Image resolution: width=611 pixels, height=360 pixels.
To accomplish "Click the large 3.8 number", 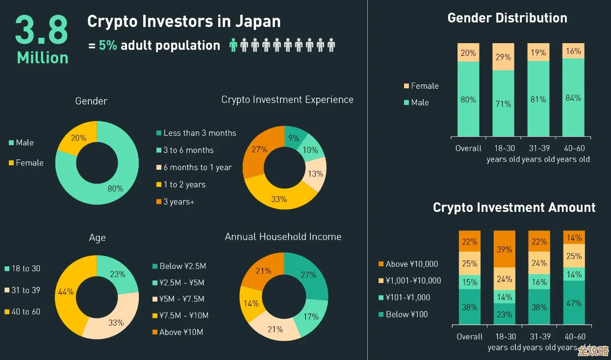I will pos(42,30).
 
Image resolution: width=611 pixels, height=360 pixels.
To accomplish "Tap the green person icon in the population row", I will pos(233,46).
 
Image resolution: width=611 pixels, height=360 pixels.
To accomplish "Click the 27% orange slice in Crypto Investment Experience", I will pos(260,150).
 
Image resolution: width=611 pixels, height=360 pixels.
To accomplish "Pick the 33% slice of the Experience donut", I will pos(279,197).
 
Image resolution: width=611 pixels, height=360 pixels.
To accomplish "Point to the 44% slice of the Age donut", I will pos(66,292).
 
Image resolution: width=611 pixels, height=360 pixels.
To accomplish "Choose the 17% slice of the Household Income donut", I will pos(310,316).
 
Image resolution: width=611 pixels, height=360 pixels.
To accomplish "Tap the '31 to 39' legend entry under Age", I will pos(25,290).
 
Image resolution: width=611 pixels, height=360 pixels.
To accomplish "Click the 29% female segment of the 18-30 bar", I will pos(503,57).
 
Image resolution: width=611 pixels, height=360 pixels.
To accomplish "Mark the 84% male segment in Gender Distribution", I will pos(573,98).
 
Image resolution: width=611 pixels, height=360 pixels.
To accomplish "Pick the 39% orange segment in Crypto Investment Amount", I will pos(505,249).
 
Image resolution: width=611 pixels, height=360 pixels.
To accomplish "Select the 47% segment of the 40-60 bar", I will pos(574,303).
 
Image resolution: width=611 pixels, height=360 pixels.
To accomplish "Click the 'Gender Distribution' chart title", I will pos(507,18).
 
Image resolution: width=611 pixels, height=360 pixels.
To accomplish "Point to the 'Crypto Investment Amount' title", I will pos(514,207).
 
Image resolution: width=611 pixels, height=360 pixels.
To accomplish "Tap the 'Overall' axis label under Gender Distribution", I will pos(468,148).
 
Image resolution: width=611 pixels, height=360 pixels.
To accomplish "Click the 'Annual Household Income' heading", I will pos(283,237).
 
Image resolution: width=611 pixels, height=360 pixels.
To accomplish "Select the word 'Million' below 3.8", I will pos(43,58).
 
